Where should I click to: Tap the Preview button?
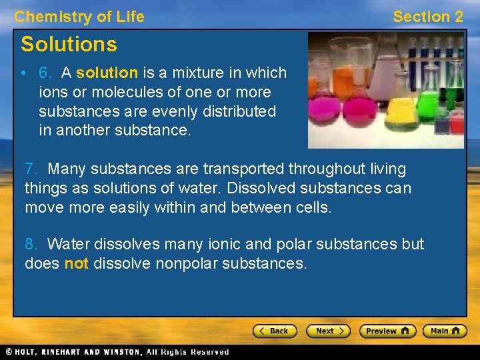click(x=387, y=331)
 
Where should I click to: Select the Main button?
click(x=444, y=331)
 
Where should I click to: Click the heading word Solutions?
click(x=69, y=45)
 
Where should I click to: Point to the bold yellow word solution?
click(x=107, y=73)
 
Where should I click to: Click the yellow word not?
click(x=76, y=263)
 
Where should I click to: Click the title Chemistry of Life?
click(x=79, y=17)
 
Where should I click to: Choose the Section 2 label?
click(x=427, y=17)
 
